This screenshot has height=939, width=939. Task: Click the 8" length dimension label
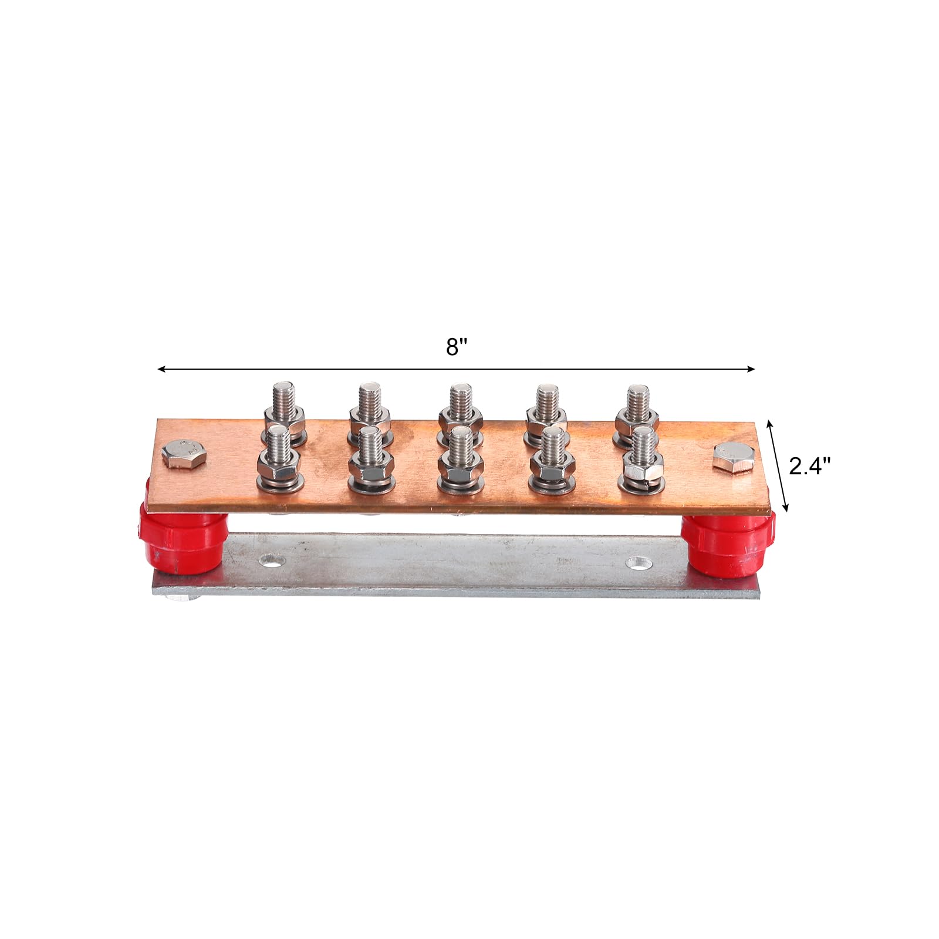456,347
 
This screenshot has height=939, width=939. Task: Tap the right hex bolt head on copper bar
733,456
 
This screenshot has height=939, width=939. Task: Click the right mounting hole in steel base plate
639,563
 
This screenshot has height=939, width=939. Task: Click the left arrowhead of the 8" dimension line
160,369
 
